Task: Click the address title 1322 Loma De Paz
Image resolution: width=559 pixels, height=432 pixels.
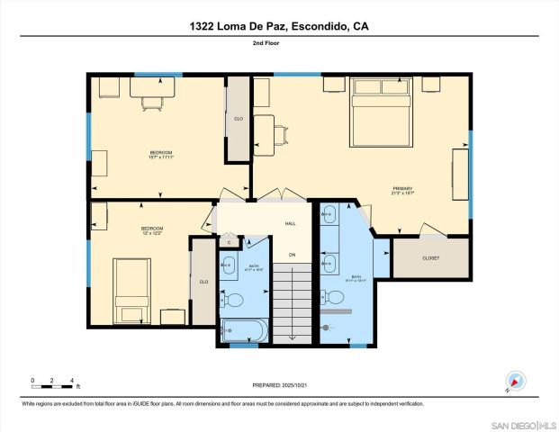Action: [279, 26]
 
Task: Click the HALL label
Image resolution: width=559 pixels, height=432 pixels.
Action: [291, 223]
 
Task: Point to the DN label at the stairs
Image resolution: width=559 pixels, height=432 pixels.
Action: [292, 255]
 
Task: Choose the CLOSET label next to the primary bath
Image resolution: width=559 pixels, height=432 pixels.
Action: [430, 258]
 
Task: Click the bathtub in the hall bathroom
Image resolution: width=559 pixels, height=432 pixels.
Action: [244, 331]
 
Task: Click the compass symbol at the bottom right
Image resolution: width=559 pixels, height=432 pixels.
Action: [515, 381]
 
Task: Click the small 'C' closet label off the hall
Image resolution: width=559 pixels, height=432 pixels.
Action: [229, 242]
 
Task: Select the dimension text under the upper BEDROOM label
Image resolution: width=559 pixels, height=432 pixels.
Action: [160, 159]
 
